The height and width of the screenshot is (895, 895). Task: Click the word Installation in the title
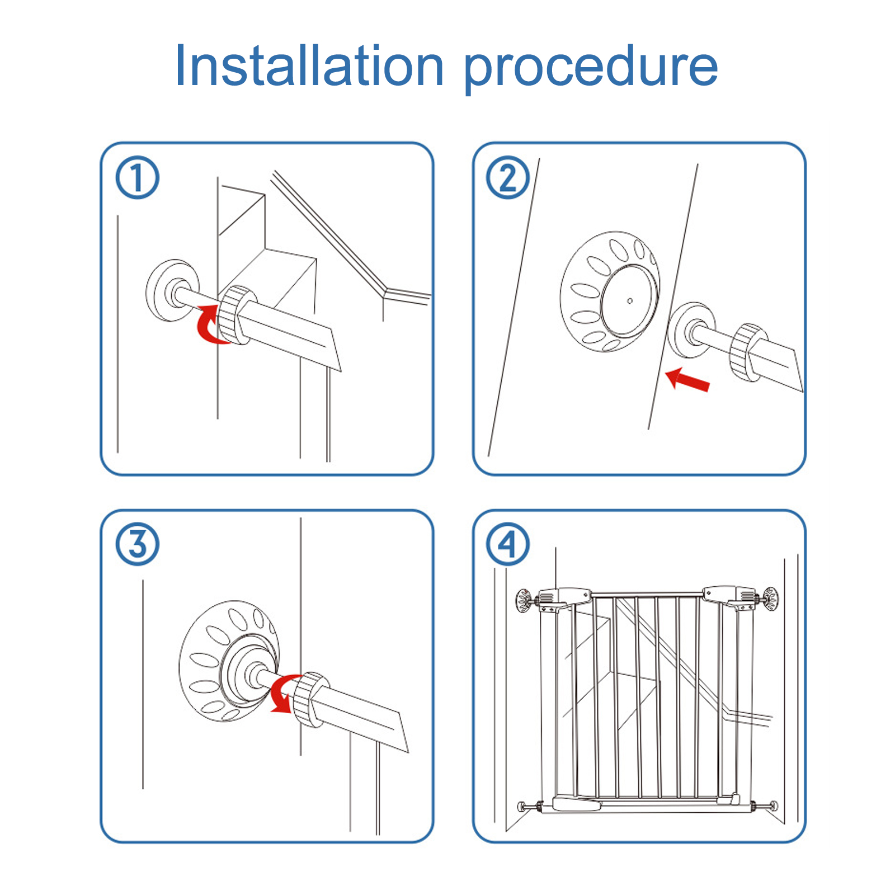click(x=309, y=65)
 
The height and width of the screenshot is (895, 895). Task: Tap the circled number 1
click(x=138, y=178)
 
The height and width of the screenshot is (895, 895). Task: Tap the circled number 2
click(x=508, y=178)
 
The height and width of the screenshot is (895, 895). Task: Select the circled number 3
click(x=138, y=544)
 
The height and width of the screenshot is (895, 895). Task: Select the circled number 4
click(x=508, y=544)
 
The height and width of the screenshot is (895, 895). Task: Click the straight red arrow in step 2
click(x=687, y=380)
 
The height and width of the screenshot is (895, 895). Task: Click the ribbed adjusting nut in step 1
click(x=235, y=315)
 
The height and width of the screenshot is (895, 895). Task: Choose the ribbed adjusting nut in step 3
click(x=310, y=699)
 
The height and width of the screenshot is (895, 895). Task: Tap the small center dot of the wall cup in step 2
click(x=630, y=301)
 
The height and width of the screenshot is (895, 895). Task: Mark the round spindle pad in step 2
click(x=691, y=331)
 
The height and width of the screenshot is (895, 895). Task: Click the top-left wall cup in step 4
click(x=524, y=601)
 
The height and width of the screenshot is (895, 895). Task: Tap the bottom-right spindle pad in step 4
click(x=774, y=806)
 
